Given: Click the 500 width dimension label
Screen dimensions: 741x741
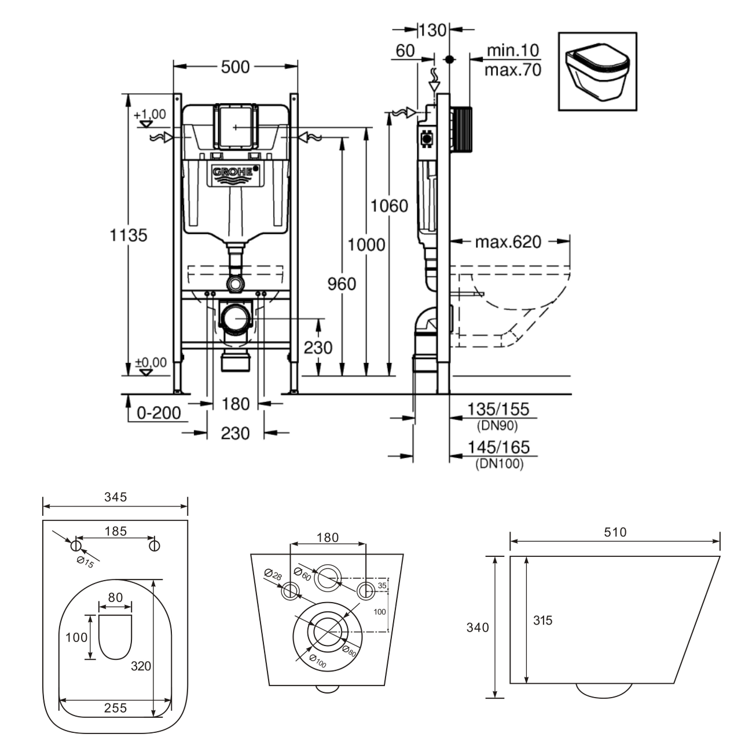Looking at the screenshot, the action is coord(236,67).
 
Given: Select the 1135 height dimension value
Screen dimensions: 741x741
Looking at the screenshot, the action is coord(129,236).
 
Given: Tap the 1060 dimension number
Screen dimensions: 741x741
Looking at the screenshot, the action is coord(389,206).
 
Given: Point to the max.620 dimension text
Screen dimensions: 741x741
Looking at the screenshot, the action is coord(508,242).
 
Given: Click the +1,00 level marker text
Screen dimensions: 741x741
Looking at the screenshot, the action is coord(150,114).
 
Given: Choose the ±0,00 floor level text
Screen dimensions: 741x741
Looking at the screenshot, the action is coord(151,362).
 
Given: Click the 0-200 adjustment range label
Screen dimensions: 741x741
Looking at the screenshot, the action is coord(159,413).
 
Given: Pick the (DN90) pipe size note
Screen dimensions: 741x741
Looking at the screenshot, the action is coord(497,425).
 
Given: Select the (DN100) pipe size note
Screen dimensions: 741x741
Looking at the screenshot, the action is coord(500,464).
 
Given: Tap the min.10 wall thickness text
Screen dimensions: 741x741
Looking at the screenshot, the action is coord(513,50).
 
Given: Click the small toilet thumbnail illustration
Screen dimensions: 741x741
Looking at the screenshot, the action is coord(597,72).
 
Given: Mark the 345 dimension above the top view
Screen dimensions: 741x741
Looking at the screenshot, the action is coord(115,497).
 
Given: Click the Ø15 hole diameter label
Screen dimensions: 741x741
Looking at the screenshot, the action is coord(85,562).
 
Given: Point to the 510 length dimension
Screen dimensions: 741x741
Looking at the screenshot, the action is coord(615,532).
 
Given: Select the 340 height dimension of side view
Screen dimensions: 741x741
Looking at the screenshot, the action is coord(478,628).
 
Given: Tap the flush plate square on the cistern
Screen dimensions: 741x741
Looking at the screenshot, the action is coord(236,127).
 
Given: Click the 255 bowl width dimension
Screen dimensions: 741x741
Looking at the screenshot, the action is coord(115,708).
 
